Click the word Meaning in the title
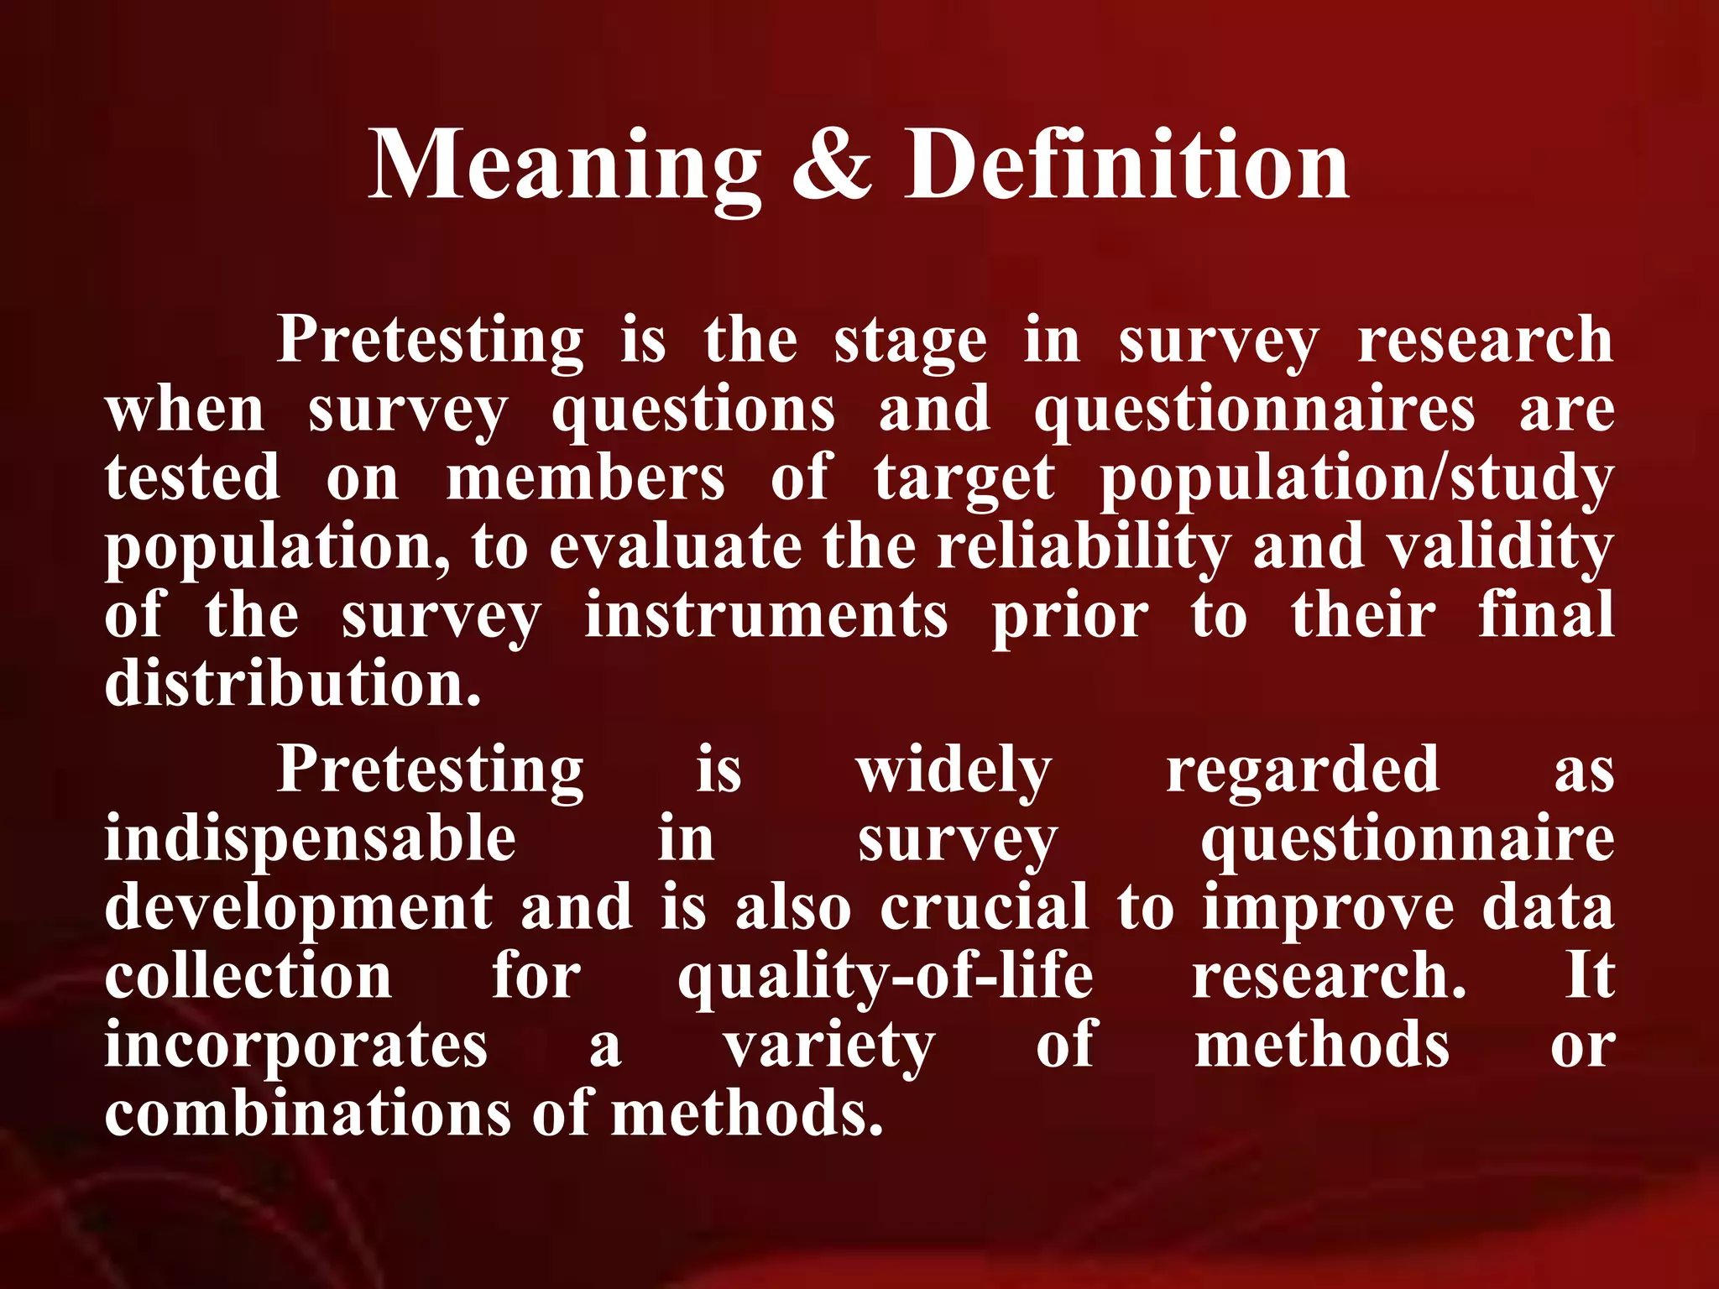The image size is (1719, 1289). [x=564, y=165]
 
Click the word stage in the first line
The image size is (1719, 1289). [x=910, y=342]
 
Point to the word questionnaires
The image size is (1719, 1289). [x=1254, y=410]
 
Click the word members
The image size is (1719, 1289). [x=585, y=479]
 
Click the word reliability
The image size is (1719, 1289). [x=1084, y=548]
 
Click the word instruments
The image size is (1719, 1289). [x=765, y=617]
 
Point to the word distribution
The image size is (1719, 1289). [x=293, y=684]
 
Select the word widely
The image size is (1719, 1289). [x=954, y=771]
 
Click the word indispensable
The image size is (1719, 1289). [x=310, y=840]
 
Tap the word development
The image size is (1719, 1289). [x=299, y=909]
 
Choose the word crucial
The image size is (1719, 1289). [x=984, y=909]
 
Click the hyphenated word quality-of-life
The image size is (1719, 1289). [x=886, y=978]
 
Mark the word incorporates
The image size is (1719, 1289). [x=295, y=1046]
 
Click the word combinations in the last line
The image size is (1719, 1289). [x=307, y=1114]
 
